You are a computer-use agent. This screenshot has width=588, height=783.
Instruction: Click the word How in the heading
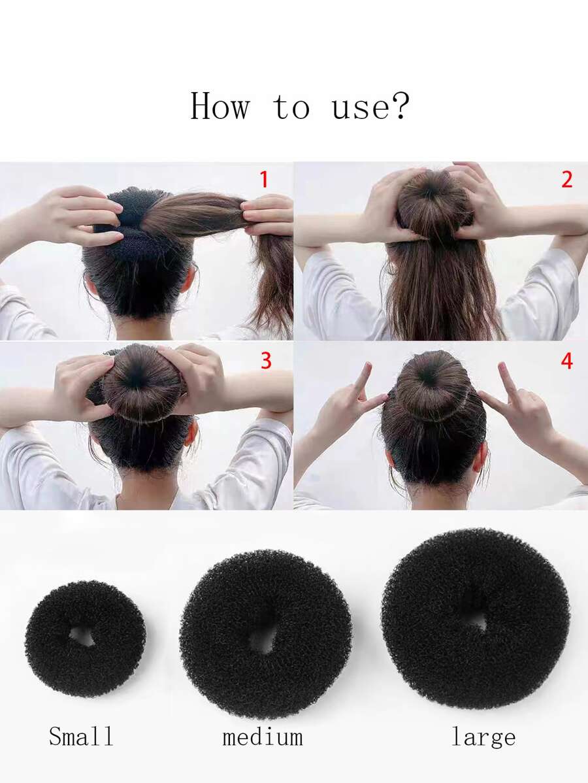(x=220, y=106)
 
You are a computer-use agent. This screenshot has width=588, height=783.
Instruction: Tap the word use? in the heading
(x=370, y=107)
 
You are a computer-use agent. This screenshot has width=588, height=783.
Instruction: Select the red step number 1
(x=263, y=180)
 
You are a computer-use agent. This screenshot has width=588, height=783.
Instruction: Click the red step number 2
(x=566, y=180)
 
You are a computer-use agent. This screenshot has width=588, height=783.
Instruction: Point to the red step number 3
(x=266, y=361)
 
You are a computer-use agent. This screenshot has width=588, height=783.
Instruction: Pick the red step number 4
(x=566, y=361)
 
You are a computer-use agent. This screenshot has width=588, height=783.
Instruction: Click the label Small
(x=81, y=736)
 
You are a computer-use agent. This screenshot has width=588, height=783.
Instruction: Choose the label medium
(x=263, y=737)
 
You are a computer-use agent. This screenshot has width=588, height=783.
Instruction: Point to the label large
(x=483, y=737)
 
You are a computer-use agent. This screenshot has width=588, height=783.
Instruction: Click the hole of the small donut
(x=82, y=637)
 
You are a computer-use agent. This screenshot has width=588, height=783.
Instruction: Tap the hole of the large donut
(x=477, y=621)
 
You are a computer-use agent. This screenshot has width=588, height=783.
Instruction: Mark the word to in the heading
(x=291, y=107)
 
